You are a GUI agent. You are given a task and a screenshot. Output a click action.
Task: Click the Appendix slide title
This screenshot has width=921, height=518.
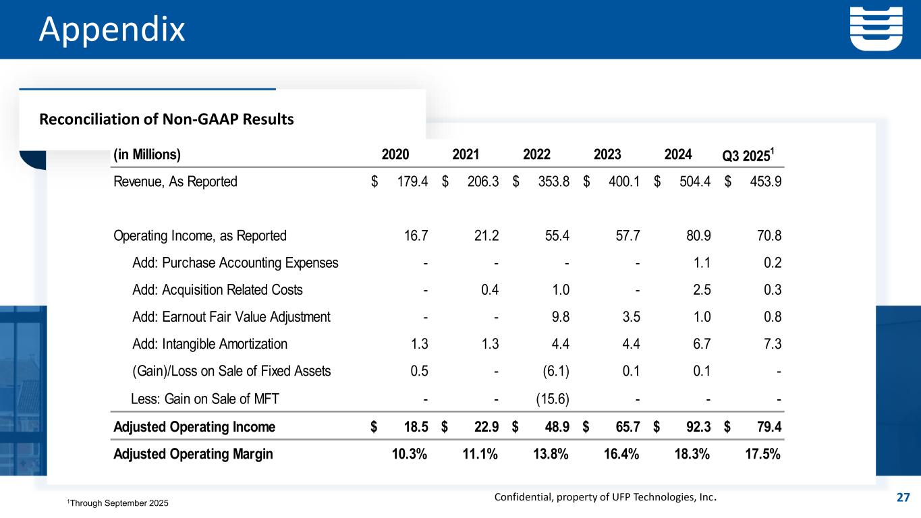(x=111, y=30)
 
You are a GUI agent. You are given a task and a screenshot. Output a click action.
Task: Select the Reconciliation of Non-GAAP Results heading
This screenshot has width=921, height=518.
(x=167, y=120)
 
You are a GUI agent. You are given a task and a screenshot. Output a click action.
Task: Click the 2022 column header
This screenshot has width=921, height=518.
(x=536, y=154)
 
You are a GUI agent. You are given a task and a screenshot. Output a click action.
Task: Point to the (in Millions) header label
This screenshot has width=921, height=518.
(x=147, y=154)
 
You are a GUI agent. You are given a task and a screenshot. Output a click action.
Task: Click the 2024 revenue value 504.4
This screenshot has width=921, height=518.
(x=693, y=181)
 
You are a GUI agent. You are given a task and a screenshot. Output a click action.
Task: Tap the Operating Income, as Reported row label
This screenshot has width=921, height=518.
(x=200, y=236)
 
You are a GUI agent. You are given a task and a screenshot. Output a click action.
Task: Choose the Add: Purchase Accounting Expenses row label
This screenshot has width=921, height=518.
(x=235, y=263)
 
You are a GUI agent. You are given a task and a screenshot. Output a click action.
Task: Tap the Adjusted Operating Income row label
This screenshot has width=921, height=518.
(x=194, y=427)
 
